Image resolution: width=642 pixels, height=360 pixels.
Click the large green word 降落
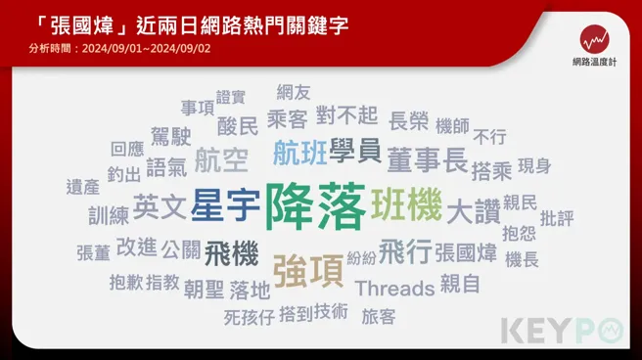pos(315,205)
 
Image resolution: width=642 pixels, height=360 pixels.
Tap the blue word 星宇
pos(225,206)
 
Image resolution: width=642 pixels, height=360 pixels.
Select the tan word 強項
pos(307,270)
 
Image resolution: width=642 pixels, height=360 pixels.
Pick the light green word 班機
pos(406,204)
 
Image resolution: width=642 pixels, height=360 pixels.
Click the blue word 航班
pos(299,153)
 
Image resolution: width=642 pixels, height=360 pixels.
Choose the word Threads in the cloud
pos(394,288)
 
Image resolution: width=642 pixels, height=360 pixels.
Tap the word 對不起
pos(346,116)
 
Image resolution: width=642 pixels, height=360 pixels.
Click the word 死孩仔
pos(249,317)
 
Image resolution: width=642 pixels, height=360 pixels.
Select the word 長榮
pos(408,121)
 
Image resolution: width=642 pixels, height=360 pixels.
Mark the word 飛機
pos(232,253)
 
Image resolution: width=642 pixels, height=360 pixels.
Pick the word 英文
pos(159,205)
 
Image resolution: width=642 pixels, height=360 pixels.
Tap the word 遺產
pos(83,186)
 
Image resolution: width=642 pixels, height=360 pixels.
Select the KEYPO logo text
pos(563,331)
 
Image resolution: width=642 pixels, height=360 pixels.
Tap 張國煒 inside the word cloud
pos(466,253)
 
